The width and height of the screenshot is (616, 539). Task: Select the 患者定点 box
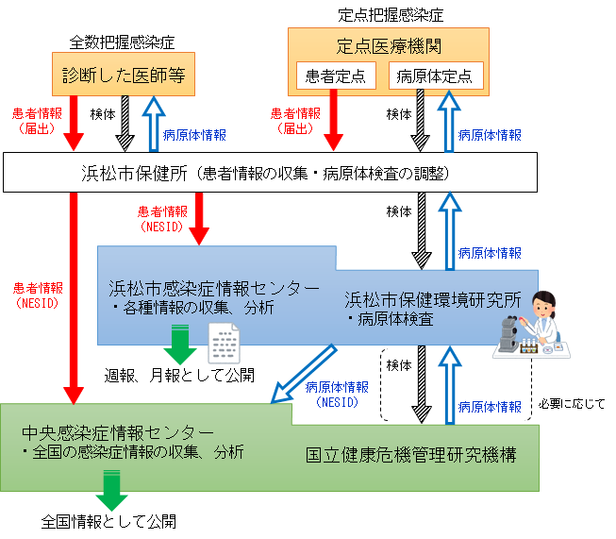pyautogui.click(x=335, y=76)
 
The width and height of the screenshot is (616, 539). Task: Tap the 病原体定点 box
pyautogui.click(x=435, y=76)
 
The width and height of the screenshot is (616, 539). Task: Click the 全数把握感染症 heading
pyautogui.click(x=123, y=42)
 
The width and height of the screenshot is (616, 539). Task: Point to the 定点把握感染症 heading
pyautogui.click(x=390, y=15)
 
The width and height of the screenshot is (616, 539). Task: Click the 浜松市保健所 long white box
pyautogui.click(x=269, y=174)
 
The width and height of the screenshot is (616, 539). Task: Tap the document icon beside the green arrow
pyautogui.click(x=224, y=342)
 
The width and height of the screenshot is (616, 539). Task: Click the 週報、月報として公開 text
pyautogui.click(x=179, y=375)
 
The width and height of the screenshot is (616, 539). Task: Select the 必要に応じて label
pyautogui.click(x=572, y=403)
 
